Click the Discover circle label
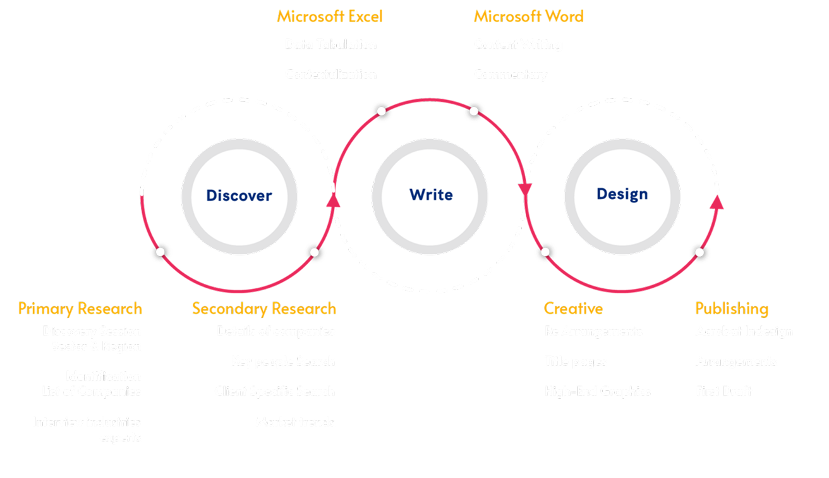[x=239, y=195]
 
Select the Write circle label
[x=431, y=194]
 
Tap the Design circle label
[x=622, y=193]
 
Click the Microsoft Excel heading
[x=329, y=16]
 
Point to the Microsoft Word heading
[x=528, y=16]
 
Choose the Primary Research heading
[x=80, y=309]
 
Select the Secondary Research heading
[x=264, y=309]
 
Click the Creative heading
[x=573, y=309]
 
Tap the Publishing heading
[x=732, y=309]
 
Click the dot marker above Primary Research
[x=160, y=252]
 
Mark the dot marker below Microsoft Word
[x=475, y=111]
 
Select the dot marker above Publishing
[x=699, y=252]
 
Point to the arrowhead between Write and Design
[x=525, y=189]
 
